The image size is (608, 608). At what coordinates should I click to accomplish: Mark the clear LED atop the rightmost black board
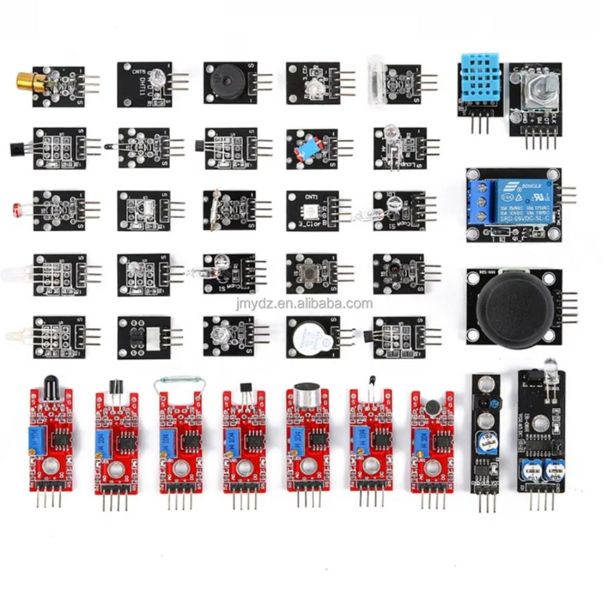tap(550, 368)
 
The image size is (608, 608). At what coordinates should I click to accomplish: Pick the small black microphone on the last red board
tap(432, 406)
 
